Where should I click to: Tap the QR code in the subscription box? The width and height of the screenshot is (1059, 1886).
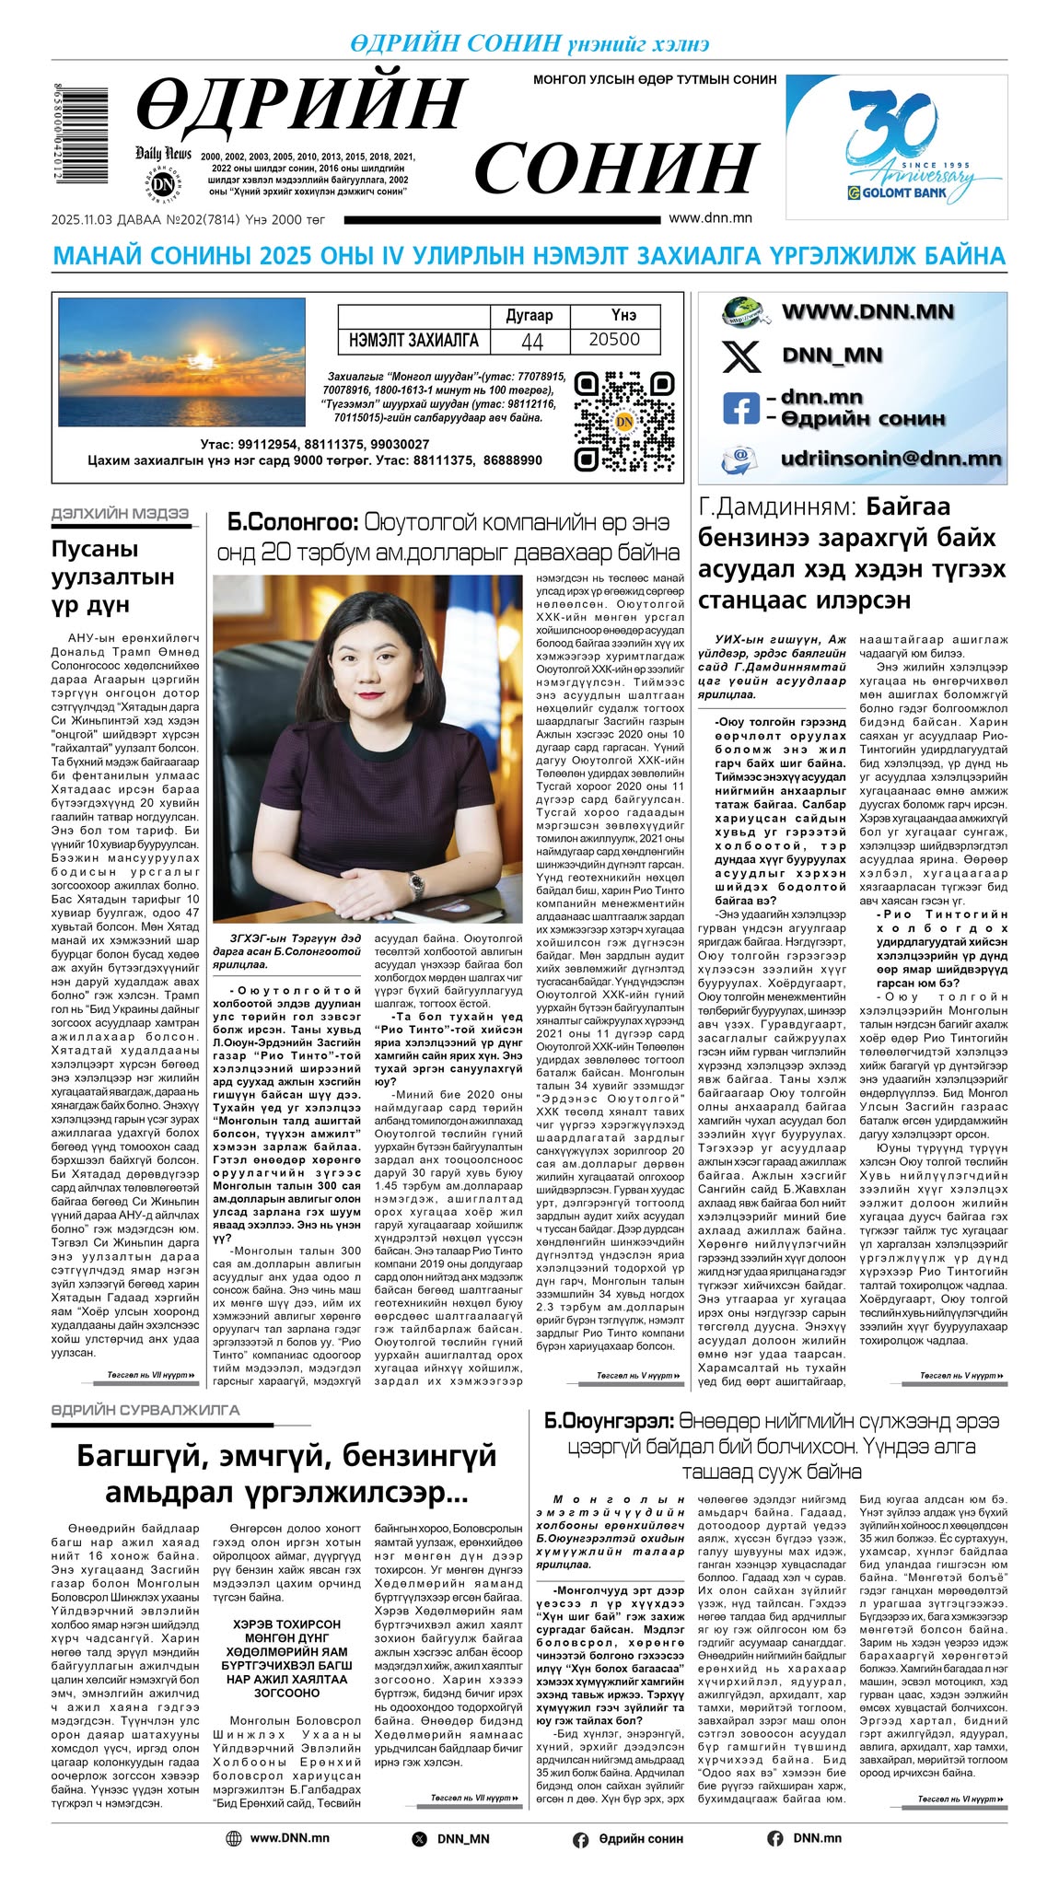[x=623, y=420]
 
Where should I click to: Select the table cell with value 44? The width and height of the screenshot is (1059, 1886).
[x=532, y=341]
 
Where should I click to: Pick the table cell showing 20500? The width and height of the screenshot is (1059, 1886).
[x=614, y=340]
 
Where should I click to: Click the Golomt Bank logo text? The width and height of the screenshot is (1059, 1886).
[x=898, y=193]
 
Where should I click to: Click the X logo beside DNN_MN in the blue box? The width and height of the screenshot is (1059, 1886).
[x=741, y=355]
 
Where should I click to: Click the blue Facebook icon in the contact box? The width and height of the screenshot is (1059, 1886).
[x=741, y=408]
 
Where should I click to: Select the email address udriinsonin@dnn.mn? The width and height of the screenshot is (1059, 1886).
[x=890, y=459]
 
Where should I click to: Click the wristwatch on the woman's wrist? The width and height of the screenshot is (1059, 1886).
[x=417, y=886]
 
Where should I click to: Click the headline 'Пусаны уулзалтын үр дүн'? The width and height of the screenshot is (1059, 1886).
[x=112, y=576]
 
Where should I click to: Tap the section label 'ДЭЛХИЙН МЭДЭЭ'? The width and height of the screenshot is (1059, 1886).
[x=120, y=513]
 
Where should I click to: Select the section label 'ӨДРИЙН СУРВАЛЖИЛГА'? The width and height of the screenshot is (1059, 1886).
[x=145, y=1410]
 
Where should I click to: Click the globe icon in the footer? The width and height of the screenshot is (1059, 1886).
[x=234, y=1838]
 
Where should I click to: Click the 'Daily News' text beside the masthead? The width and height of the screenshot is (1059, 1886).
[x=163, y=153]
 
